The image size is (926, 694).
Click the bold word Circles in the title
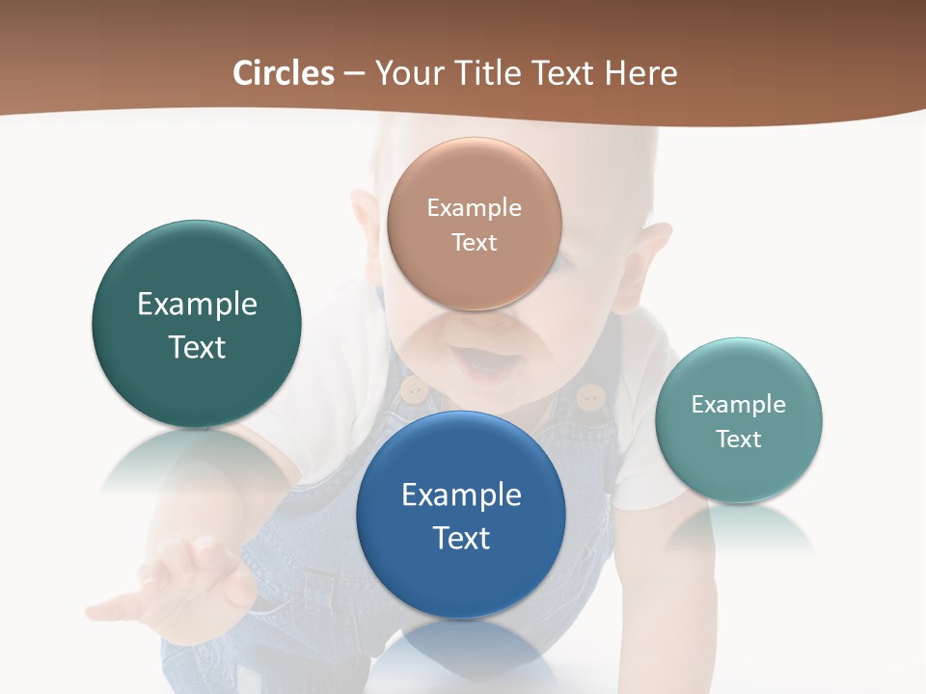[x=283, y=73]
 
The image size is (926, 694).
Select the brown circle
[x=474, y=224]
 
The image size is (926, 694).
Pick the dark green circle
[x=197, y=324]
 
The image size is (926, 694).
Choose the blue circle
[x=460, y=515]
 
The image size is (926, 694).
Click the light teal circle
[x=738, y=420]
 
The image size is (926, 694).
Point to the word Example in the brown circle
[x=474, y=207]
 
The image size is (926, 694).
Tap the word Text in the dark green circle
[x=197, y=347]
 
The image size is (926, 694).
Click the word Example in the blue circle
[x=461, y=494]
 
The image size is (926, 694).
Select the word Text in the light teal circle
[x=738, y=440]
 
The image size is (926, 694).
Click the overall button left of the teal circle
[x=590, y=395]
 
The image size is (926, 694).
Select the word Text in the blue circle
[x=461, y=538]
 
